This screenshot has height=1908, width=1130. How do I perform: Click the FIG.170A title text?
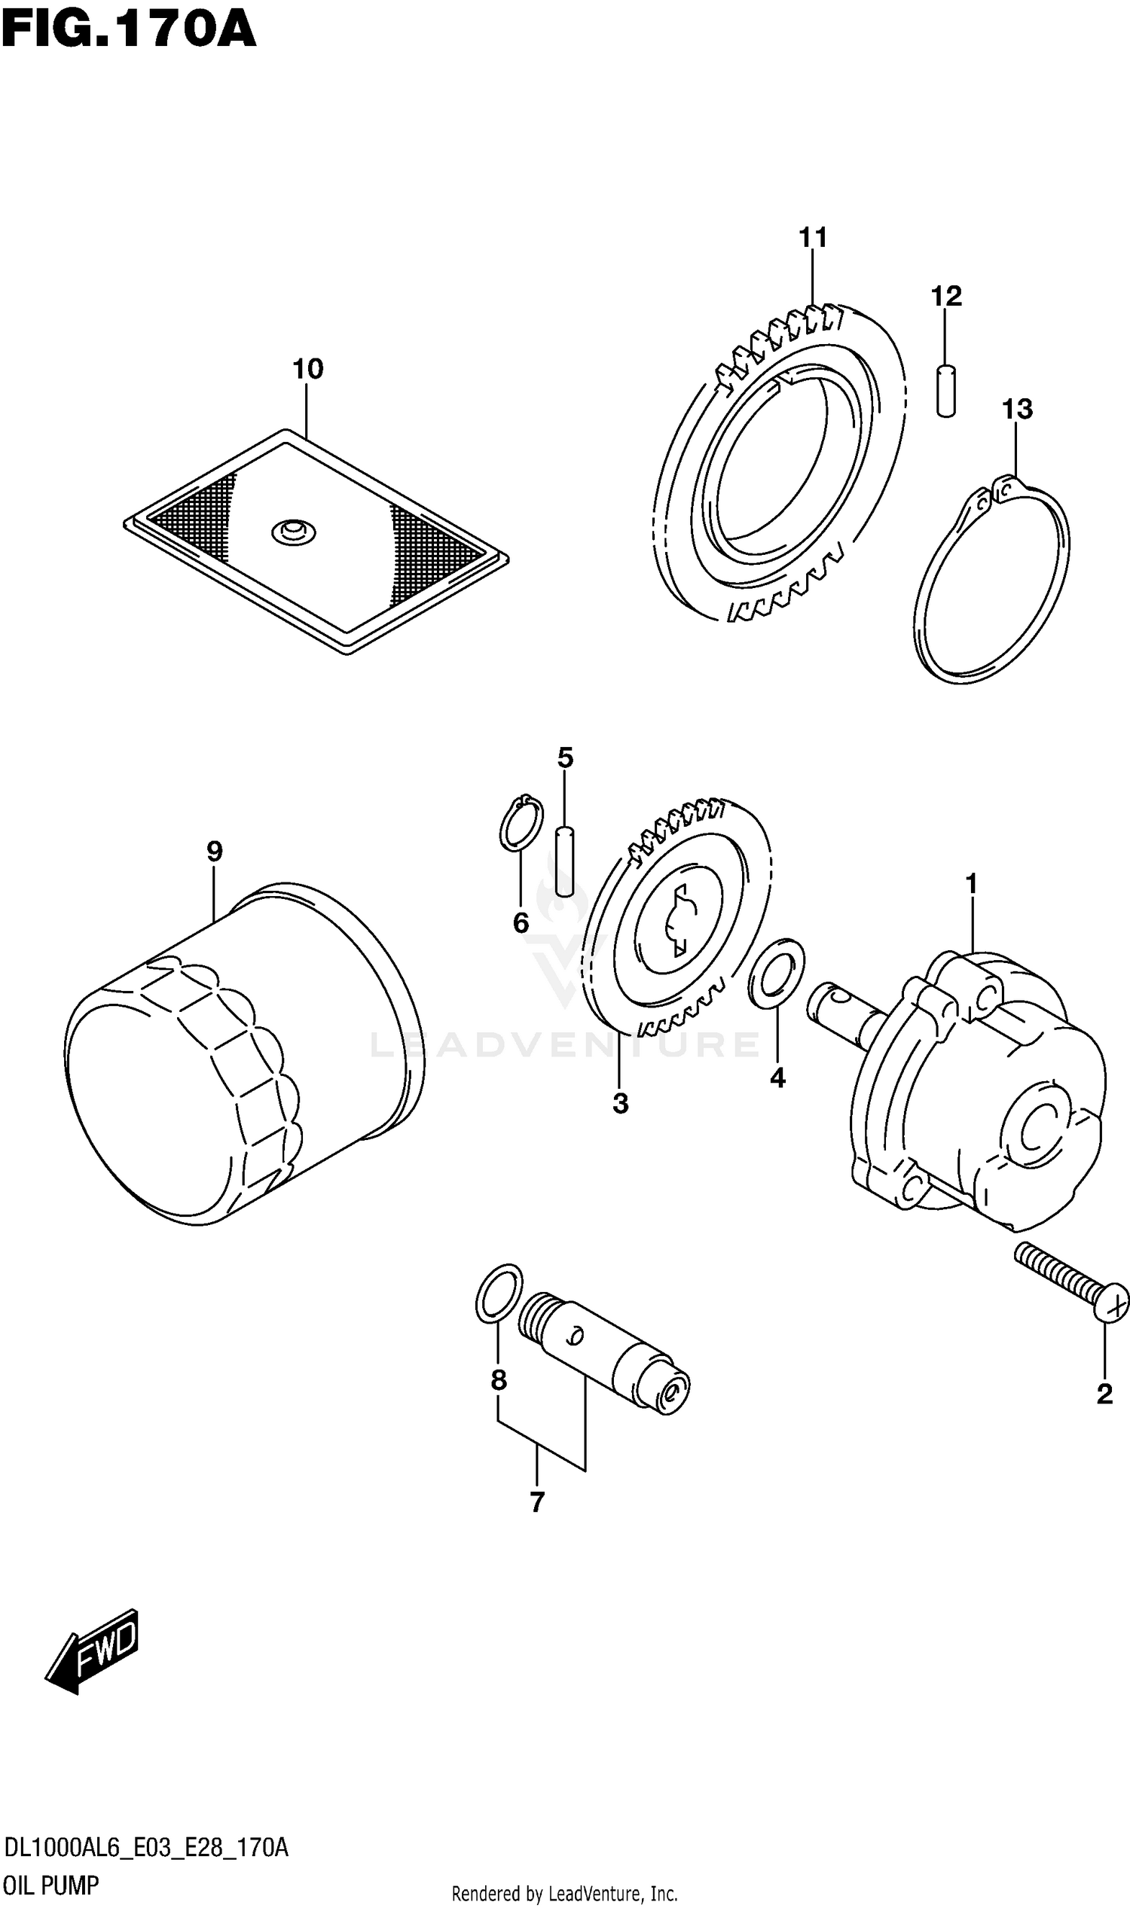point(128,30)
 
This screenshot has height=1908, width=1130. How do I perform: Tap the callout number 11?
point(813,238)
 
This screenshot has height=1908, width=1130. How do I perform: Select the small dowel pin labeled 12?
point(945,392)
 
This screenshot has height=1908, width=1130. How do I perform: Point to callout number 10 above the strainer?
point(307,369)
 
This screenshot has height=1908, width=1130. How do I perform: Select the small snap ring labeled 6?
point(521,824)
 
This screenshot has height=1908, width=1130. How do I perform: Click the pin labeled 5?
point(564,861)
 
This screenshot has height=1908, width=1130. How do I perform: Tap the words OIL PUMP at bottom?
point(52,1886)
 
